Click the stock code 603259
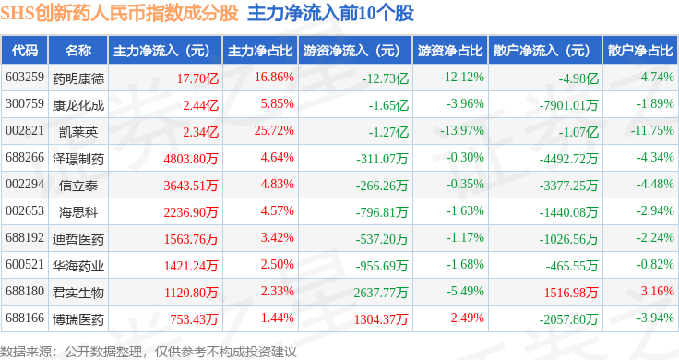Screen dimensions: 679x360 click(25, 77)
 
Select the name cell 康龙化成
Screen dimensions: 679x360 click(78, 105)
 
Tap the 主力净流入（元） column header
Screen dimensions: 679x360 click(161, 51)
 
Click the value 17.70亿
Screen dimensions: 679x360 click(197, 78)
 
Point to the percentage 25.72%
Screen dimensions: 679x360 click(274, 130)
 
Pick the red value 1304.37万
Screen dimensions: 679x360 click(381, 319)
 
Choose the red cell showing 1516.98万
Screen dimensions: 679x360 click(571, 293)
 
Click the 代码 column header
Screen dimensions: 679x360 click(25, 51)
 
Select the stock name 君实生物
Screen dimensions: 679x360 click(78, 293)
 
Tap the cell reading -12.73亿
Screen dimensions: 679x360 click(386, 78)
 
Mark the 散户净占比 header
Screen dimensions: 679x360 click(640, 51)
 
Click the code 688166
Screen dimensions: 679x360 click(25, 318)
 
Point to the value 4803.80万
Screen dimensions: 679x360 click(191, 159)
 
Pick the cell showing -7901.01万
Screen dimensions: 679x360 click(568, 105)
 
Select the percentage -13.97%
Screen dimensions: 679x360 click(462, 130)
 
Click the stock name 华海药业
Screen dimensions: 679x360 click(78, 266)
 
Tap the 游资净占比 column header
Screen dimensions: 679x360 click(450, 51)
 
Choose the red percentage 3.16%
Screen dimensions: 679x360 click(658, 291)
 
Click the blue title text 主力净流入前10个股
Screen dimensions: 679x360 click(331, 13)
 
